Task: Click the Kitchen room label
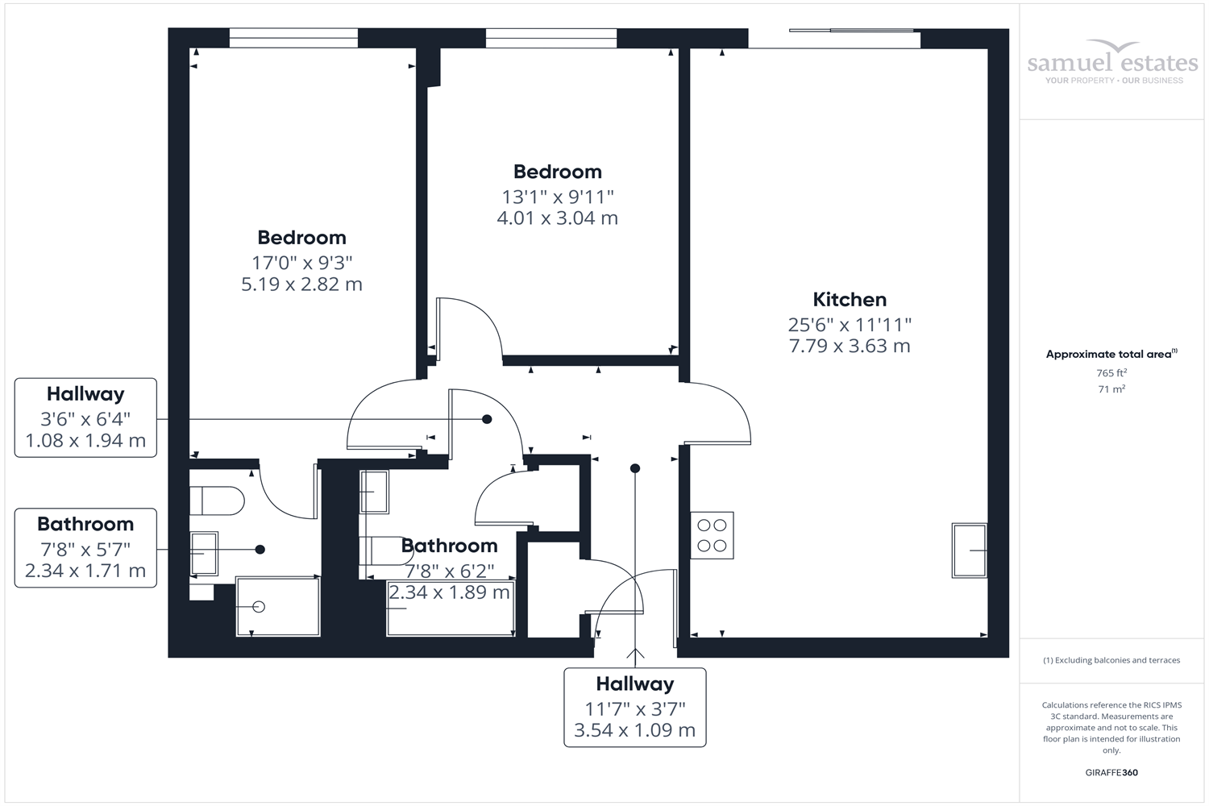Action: tap(850, 300)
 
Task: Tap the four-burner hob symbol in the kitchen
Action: tap(712, 535)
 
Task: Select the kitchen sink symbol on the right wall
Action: tap(969, 550)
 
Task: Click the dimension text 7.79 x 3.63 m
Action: tap(850, 346)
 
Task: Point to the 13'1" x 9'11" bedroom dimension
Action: tap(557, 197)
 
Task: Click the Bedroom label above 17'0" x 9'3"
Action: tap(301, 238)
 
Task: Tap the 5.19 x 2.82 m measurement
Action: tap(301, 285)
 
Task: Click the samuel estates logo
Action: tap(1112, 64)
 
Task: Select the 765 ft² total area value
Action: tap(1111, 373)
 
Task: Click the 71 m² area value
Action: tap(1111, 389)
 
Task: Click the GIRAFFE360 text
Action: tap(1111, 772)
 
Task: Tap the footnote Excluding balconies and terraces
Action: tap(1111, 660)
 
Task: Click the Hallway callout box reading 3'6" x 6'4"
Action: tap(85, 418)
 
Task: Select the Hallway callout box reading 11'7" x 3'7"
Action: tap(635, 708)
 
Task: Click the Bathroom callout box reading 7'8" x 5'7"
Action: tap(85, 548)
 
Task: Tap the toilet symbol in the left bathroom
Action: tap(218, 501)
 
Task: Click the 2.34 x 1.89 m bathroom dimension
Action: tap(449, 593)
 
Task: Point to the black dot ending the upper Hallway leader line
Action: tap(487, 419)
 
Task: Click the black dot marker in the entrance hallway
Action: tap(635, 468)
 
